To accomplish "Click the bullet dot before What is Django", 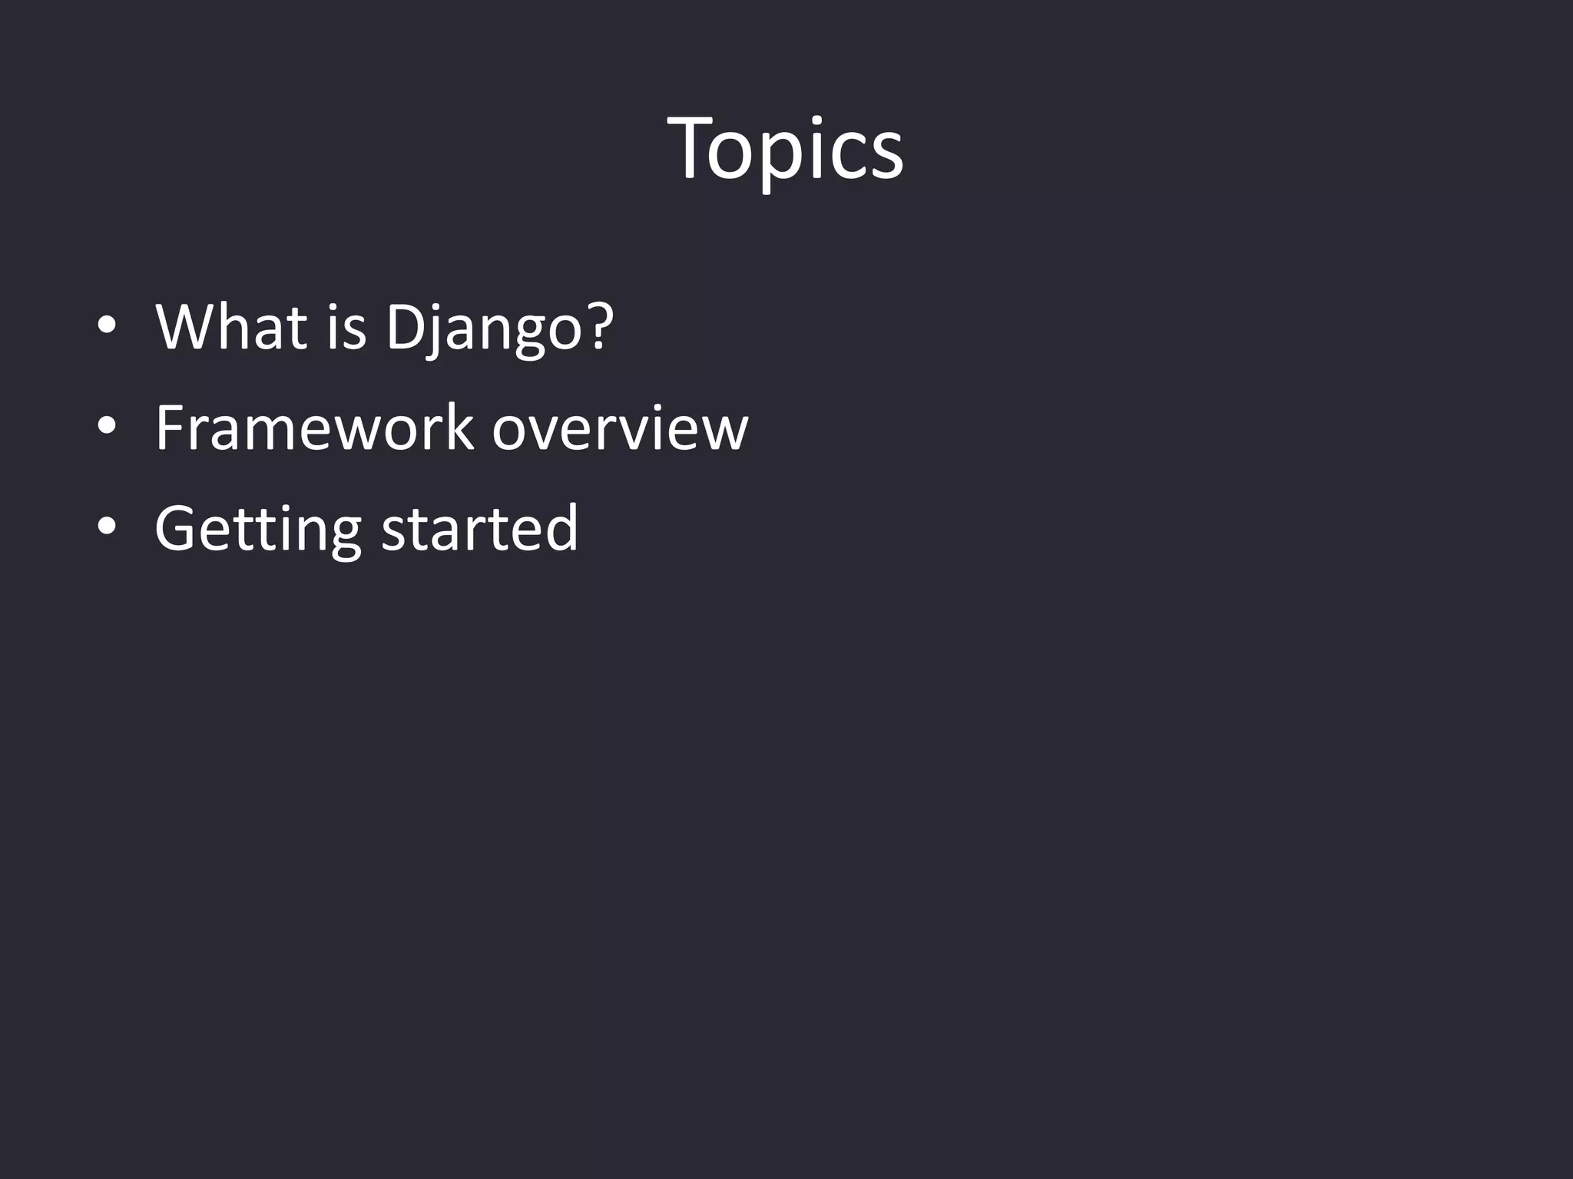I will [x=107, y=326].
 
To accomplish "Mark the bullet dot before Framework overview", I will [x=107, y=427].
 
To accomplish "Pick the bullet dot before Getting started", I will [x=107, y=527].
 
